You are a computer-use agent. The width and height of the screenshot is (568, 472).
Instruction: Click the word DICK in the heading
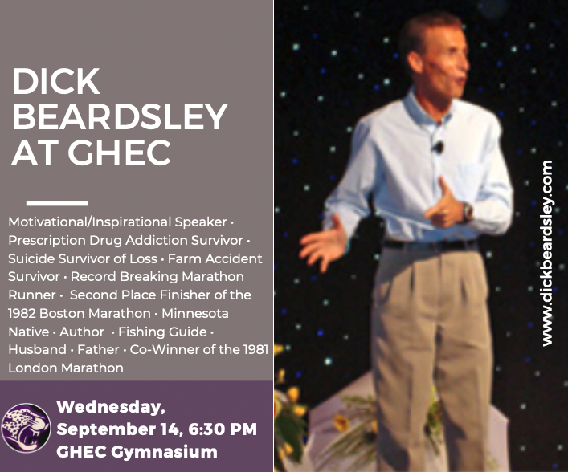(56, 81)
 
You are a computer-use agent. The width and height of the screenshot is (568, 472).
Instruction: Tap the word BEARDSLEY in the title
(121, 116)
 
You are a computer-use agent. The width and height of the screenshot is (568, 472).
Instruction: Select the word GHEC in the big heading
(120, 152)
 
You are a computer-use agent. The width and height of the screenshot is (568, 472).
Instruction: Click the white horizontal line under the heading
(57, 203)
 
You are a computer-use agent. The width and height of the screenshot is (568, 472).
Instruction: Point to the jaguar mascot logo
(26, 428)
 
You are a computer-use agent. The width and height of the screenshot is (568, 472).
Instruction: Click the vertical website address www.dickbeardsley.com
(547, 254)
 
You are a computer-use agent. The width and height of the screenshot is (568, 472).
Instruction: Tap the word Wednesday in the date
(111, 407)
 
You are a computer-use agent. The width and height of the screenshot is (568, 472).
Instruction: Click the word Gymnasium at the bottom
(164, 452)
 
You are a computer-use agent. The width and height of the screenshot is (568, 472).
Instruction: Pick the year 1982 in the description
(22, 313)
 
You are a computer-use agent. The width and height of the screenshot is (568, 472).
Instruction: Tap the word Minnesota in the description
(195, 313)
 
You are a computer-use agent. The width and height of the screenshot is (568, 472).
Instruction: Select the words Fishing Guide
(162, 332)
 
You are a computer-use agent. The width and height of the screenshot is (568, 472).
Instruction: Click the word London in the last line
(33, 368)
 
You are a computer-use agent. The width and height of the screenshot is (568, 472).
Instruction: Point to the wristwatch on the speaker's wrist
(468, 211)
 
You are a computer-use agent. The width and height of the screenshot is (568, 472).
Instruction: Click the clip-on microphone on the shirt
(439, 147)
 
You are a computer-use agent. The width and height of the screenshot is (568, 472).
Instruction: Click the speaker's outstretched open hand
(324, 243)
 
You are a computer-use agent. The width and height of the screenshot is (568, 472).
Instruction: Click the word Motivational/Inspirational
(89, 222)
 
